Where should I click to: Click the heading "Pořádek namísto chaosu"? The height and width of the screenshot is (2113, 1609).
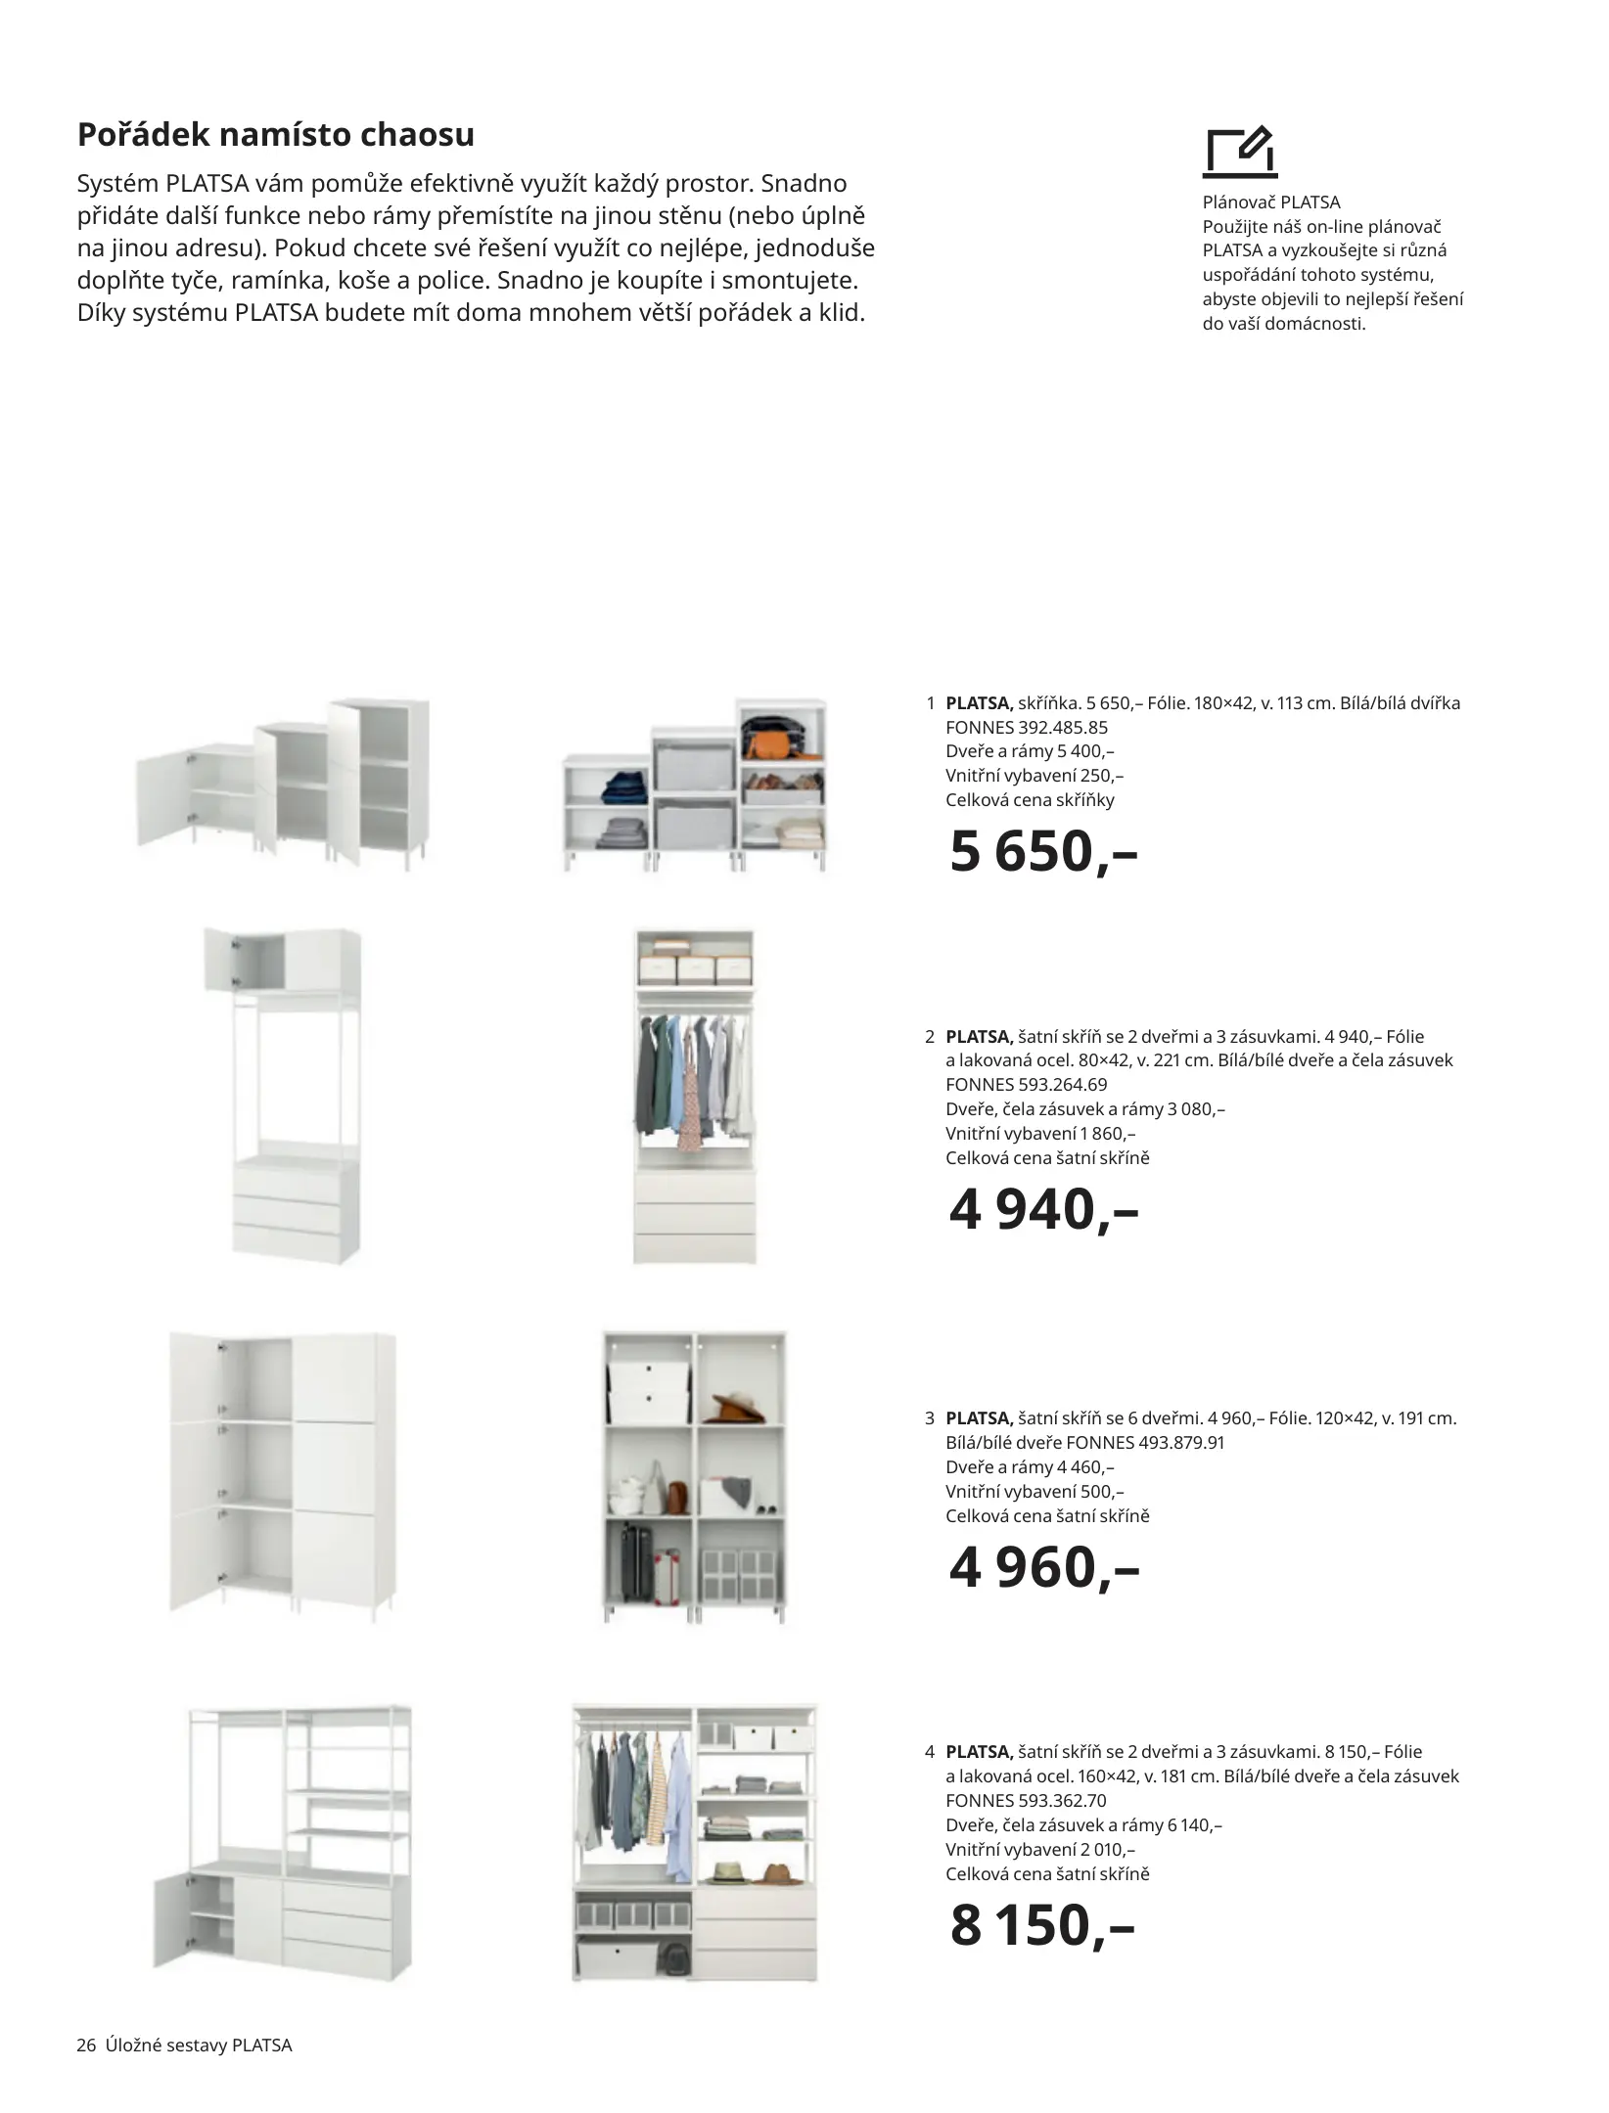[275, 135]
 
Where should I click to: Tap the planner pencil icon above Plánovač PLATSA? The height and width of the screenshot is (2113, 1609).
[1241, 153]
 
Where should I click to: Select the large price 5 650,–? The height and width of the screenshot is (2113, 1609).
[1043, 851]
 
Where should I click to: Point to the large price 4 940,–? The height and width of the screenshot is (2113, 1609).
[1043, 1209]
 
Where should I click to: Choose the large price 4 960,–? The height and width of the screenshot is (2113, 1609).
[1043, 1567]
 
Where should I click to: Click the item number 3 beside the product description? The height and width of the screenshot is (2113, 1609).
[929, 1417]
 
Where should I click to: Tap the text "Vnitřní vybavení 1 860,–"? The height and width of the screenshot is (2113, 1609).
[1040, 1133]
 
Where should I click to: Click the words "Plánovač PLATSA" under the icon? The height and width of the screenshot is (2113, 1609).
[1270, 202]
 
